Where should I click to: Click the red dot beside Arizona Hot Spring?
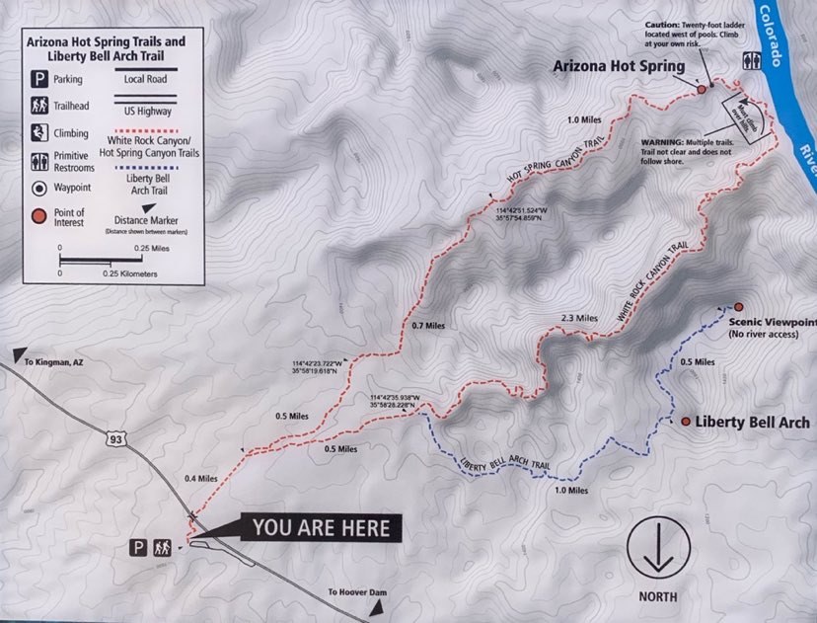tap(702, 89)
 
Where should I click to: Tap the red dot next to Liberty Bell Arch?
tap(686, 422)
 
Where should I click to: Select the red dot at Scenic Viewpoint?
tap(737, 307)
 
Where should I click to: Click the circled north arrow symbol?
tap(657, 547)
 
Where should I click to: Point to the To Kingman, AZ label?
tap(52, 362)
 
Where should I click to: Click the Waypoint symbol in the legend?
tap(40, 187)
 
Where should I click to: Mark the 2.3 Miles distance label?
tap(579, 319)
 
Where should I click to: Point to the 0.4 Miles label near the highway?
tap(200, 479)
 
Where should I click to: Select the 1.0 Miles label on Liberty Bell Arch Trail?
tap(571, 491)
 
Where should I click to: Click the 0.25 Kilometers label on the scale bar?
tap(129, 273)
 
